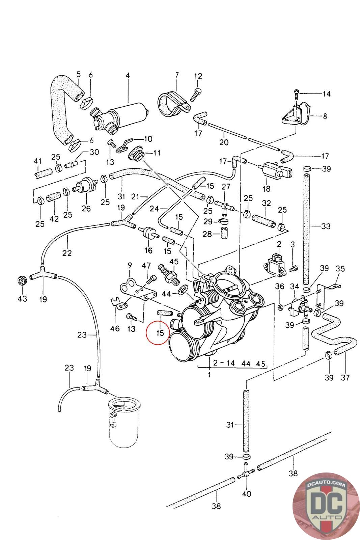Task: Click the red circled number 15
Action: [x=160, y=333]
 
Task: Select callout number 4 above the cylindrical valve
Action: [x=128, y=75]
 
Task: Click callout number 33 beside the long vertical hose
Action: [x=326, y=226]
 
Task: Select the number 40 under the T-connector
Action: [x=247, y=494]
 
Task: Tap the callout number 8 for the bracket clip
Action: [x=325, y=116]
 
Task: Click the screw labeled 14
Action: [x=296, y=92]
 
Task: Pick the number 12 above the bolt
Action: [x=198, y=76]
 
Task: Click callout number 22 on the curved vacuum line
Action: [x=67, y=252]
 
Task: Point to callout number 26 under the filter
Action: [x=86, y=208]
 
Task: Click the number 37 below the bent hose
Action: [x=345, y=377]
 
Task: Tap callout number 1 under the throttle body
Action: [x=209, y=374]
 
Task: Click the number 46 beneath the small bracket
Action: [x=115, y=328]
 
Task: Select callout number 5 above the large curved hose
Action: [x=78, y=74]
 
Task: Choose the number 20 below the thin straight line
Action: [x=224, y=142]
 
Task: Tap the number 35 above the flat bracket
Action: [x=340, y=269]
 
